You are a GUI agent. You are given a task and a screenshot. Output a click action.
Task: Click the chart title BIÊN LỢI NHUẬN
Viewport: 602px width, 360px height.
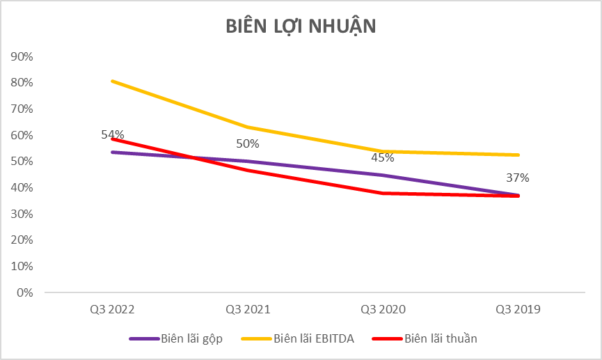coord(301,26)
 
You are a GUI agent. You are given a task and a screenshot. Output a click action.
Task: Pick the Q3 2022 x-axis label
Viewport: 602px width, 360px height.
coord(111,308)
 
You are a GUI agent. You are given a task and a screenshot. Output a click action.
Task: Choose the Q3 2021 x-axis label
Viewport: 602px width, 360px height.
coord(247,308)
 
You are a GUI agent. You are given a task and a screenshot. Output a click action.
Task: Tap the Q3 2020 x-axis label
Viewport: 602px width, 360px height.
coord(383,308)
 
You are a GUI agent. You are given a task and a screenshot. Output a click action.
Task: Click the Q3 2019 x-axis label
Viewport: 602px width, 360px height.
coord(518,308)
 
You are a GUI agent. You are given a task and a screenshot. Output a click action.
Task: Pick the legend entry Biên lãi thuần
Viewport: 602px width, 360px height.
coord(441,339)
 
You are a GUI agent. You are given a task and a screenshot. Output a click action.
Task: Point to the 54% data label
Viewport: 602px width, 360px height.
coord(112,134)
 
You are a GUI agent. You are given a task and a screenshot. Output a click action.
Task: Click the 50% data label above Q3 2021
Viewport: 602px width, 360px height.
coord(247,144)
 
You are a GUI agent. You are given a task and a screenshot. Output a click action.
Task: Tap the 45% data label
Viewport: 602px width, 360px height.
coord(383,157)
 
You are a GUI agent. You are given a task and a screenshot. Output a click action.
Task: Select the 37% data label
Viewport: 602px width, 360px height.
coord(518,178)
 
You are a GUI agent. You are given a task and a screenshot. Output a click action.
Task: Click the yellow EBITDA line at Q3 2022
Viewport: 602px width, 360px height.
coord(112,81)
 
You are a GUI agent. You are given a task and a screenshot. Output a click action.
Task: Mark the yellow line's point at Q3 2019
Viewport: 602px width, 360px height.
coord(518,155)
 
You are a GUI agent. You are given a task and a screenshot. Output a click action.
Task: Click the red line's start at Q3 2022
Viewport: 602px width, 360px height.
coord(112,139)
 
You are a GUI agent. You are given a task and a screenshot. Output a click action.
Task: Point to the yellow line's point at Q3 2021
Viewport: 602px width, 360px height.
coord(247,127)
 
